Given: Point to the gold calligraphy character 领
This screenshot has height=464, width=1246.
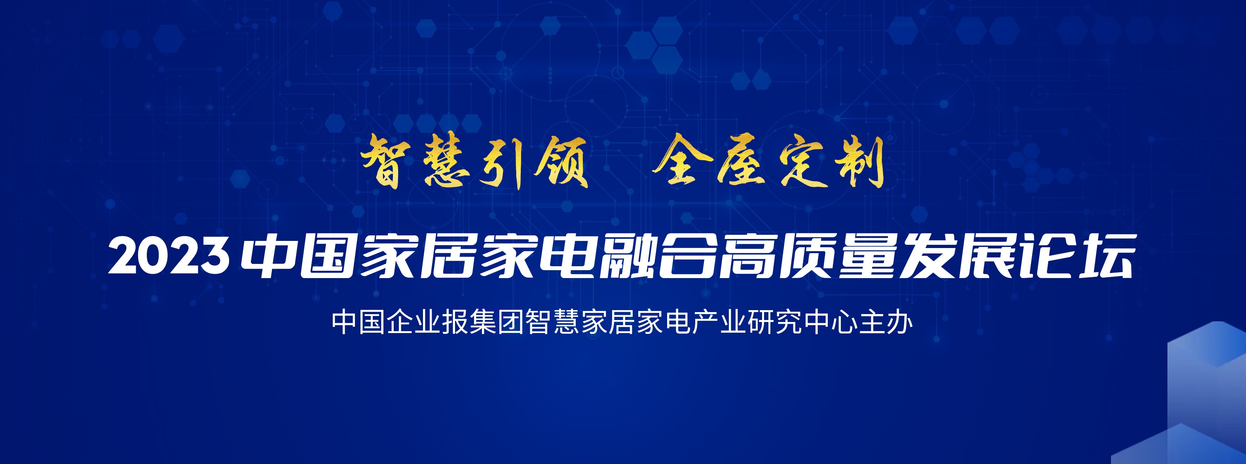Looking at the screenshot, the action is [561, 161].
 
